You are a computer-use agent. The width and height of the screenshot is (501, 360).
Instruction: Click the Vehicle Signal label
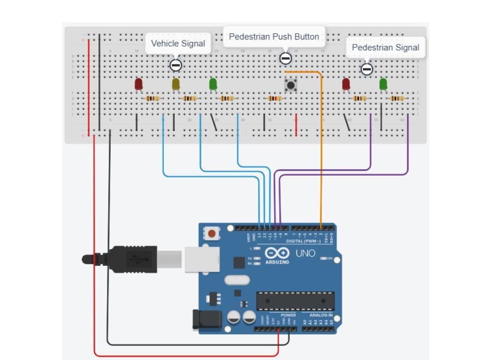tap(178, 43)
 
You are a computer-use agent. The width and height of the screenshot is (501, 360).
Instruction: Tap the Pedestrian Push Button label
tap(274, 37)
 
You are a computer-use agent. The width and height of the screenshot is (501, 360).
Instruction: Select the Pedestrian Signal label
tap(385, 47)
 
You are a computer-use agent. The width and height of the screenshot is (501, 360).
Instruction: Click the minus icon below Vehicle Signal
tap(176, 65)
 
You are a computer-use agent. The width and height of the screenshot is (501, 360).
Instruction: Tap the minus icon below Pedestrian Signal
tap(367, 69)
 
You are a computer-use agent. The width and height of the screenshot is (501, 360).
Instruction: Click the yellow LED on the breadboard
tap(176, 84)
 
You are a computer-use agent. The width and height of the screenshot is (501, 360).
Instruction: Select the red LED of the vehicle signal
tap(139, 84)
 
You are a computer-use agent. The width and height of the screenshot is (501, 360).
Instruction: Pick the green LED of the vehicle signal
tap(213, 84)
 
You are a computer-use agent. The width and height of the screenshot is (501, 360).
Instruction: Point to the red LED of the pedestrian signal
tap(346, 84)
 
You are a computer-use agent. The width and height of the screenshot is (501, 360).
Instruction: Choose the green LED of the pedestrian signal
tap(383, 84)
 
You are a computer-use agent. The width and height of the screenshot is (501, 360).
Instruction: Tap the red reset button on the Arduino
tap(212, 234)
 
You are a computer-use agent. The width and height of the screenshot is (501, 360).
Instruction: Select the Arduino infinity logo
tap(277, 253)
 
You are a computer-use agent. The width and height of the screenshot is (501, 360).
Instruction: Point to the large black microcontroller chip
tap(296, 301)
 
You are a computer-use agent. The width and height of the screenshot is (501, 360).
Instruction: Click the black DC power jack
tap(207, 320)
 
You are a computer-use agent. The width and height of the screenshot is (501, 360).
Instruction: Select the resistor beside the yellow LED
tap(190, 99)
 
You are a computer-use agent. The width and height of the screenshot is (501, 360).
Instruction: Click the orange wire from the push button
tap(321, 146)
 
